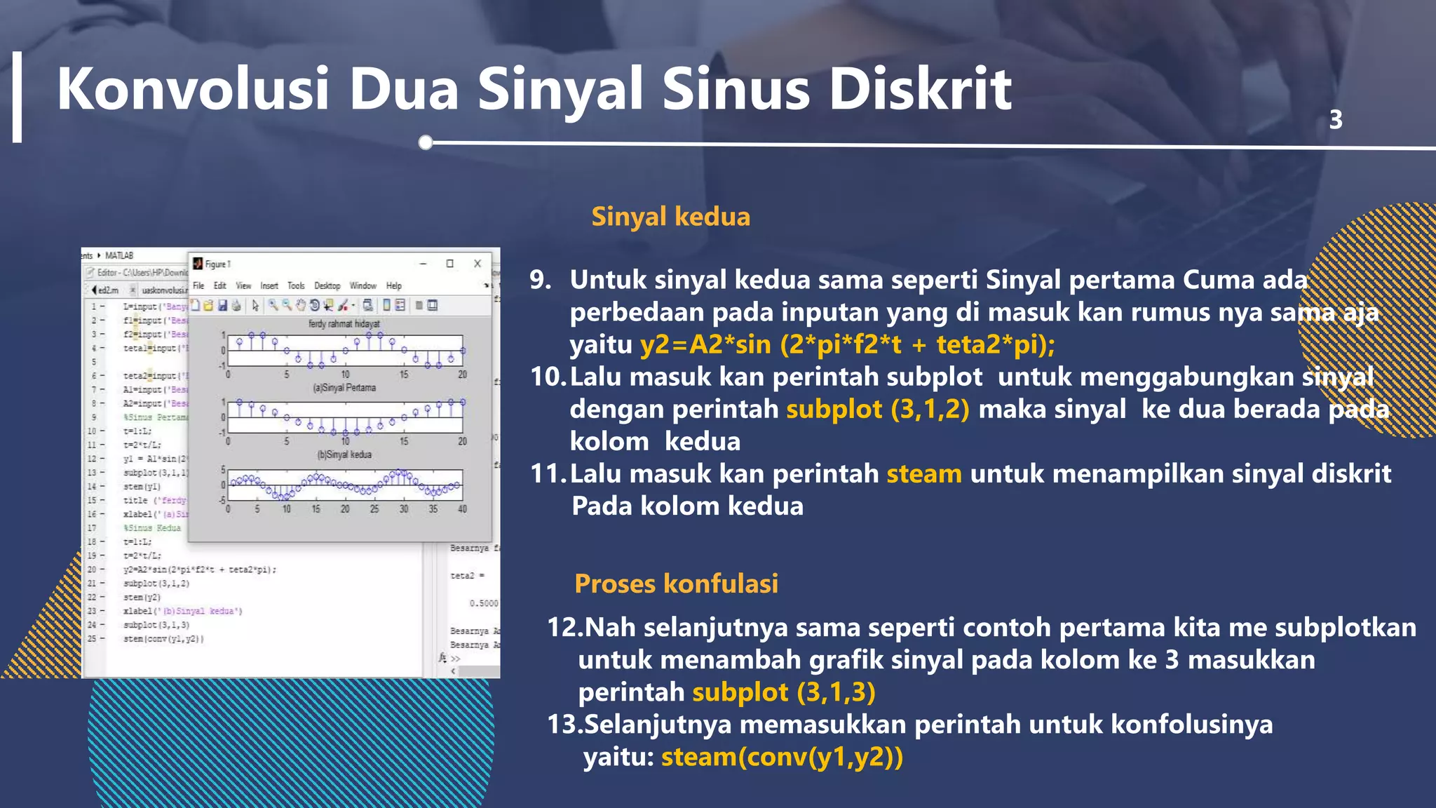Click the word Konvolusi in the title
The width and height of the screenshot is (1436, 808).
coord(193,90)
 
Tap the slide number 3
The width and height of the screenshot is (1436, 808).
coord(1336,120)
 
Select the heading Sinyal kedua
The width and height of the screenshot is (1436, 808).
coord(670,217)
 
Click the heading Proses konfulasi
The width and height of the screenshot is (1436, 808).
coord(676,584)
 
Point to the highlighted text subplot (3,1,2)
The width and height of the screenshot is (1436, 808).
coord(878,409)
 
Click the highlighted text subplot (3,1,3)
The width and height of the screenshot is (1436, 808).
coord(784,692)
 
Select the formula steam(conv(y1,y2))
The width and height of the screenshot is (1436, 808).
coord(782,757)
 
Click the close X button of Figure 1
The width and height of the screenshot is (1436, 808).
coord(477,264)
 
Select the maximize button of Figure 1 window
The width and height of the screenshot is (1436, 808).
coord(450,264)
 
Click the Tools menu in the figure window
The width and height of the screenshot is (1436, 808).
coord(296,285)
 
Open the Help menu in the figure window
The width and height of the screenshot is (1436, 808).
coord(393,285)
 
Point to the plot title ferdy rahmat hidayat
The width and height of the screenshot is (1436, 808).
coord(344,324)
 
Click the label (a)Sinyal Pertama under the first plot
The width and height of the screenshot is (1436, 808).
coord(344,388)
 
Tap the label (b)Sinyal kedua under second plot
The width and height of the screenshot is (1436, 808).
coord(344,454)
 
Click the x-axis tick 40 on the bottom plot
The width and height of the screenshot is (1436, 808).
coord(462,509)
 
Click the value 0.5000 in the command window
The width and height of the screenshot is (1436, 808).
coord(484,603)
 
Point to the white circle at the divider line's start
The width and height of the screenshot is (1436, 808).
coord(426,142)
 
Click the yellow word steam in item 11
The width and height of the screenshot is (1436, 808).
coord(923,474)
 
